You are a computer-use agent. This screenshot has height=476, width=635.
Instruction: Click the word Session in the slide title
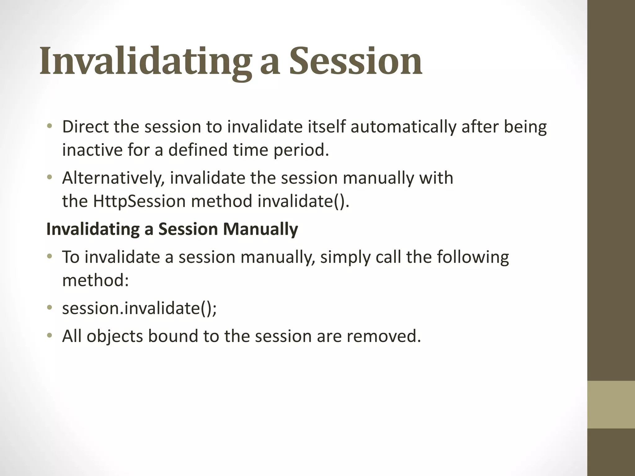pyautogui.click(x=355, y=61)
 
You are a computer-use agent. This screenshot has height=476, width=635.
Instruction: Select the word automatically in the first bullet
pyautogui.click(x=403, y=127)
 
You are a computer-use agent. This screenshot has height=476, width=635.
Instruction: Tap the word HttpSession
pyautogui.click(x=139, y=201)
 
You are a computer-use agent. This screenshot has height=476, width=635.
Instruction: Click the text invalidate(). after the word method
pyautogui.click(x=303, y=201)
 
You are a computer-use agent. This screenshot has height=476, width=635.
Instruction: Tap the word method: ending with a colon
pyautogui.click(x=95, y=280)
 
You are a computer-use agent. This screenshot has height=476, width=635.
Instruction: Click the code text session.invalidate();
pyautogui.click(x=139, y=308)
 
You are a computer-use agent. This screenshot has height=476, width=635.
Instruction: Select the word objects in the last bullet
pyautogui.click(x=115, y=336)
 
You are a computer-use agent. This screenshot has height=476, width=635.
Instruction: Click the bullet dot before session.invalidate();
pyautogui.click(x=49, y=308)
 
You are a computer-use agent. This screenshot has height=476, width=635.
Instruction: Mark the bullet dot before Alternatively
pyautogui.click(x=49, y=178)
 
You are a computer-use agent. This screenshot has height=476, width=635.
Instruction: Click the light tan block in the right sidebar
pyautogui.click(x=611, y=404)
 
